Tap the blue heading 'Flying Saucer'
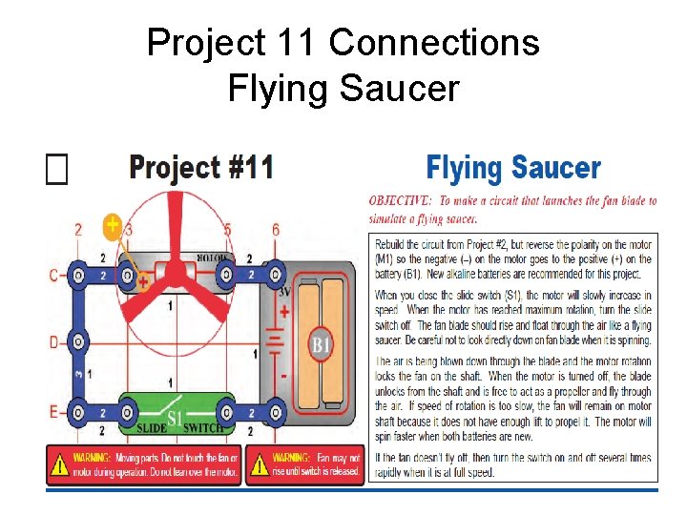coord(512,169)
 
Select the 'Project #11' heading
coord(201,168)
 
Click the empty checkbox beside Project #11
coord(57,170)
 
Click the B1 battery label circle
coord(321,343)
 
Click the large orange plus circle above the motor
coord(113,226)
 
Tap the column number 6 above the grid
coord(276,229)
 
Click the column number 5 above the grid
coord(227,229)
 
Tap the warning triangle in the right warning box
coord(259,464)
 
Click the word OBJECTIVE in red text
coord(401,201)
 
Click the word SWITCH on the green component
coord(203,427)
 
